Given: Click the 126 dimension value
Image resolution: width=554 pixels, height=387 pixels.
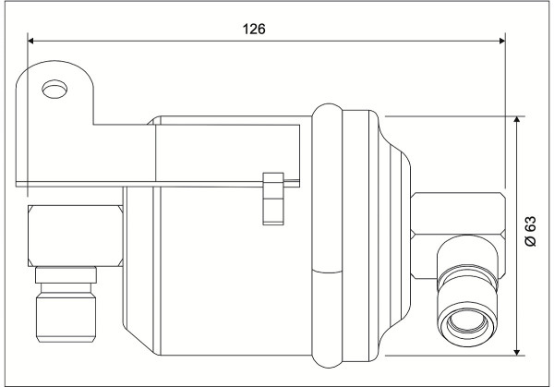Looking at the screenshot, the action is [x=254, y=29].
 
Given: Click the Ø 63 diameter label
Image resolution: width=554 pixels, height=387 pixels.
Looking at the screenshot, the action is [x=530, y=231].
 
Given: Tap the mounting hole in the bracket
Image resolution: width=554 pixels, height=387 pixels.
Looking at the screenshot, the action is [x=54, y=89].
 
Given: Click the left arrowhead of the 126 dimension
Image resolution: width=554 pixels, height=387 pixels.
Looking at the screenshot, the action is [x=30, y=41].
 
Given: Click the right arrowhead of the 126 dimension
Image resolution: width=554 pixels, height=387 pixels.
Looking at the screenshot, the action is [x=502, y=41].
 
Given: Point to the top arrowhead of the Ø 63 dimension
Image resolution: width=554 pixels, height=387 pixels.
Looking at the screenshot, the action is [x=517, y=119].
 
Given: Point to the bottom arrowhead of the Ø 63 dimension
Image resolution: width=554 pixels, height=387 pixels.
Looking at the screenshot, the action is [x=517, y=352].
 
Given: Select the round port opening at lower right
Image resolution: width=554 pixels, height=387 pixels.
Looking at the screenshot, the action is [x=467, y=324].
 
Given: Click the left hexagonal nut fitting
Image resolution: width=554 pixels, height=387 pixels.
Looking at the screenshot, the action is [x=76, y=236].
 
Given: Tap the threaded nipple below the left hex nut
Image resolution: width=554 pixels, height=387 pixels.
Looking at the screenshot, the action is [x=66, y=318].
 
